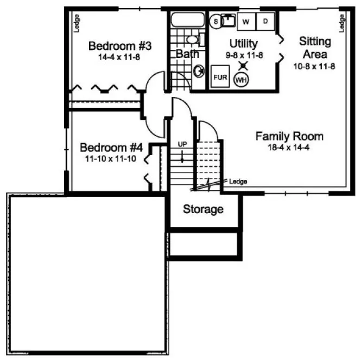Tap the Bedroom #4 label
[111, 147]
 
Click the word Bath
[187, 54]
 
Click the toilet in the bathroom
[193, 39]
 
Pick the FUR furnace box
[220, 78]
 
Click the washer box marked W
[246, 22]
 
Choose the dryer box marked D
[265, 22]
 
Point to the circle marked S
[216, 22]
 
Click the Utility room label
[243, 43]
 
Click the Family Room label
[289, 136]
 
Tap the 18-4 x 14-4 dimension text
[289, 147]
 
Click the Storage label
[203, 209]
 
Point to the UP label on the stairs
[182, 145]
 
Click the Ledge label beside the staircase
[238, 182]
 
